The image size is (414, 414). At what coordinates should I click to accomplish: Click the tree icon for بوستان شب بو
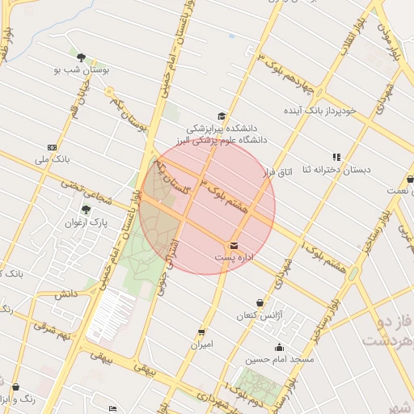tap(81, 57)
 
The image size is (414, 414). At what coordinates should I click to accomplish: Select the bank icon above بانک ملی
tap(53, 147)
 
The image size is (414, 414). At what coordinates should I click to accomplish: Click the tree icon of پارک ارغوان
tap(86, 210)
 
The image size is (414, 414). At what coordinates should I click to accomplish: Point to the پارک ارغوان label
tap(87, 222)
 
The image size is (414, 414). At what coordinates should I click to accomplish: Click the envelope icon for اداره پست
tap(234, 245)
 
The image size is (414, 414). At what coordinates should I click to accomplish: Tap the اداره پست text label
tap(234, 256)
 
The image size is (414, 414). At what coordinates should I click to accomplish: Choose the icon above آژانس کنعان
tap(260, 302)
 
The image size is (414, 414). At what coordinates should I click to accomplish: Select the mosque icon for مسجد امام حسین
tap(280, 348)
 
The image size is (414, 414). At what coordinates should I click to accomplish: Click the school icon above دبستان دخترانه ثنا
tap(336, 157)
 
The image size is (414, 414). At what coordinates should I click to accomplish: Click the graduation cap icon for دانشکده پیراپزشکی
tap(222, 116)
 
